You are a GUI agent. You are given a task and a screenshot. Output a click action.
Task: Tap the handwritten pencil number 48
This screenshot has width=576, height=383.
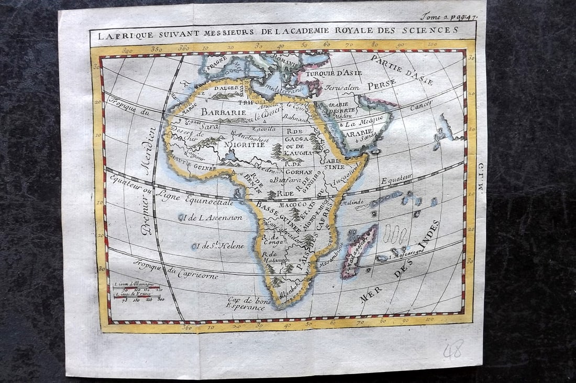point(452,349)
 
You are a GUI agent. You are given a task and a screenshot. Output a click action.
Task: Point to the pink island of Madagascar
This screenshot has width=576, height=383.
point(359,250)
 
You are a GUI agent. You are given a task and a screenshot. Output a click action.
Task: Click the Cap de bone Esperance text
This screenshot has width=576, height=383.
point(246,304)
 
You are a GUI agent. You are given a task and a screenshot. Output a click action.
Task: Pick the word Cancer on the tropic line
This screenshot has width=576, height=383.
point(422,106)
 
